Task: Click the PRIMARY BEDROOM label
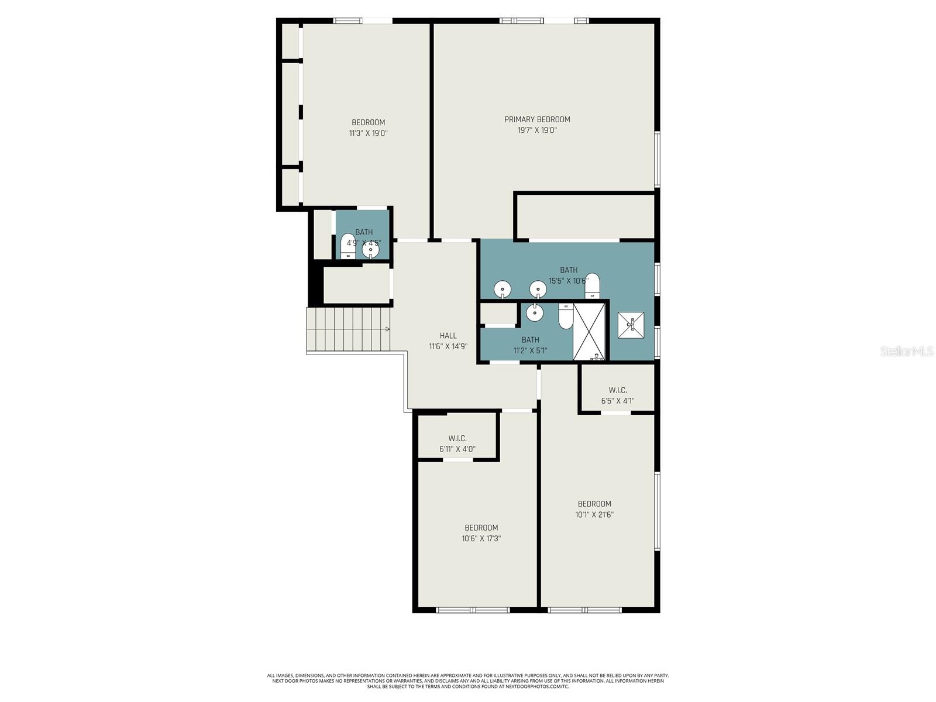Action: [537, 119]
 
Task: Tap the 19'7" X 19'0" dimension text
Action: [537, 130]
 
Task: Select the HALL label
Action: [448, 336]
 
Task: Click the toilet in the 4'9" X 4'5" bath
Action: [348, 246]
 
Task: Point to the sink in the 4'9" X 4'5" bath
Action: [370, 250]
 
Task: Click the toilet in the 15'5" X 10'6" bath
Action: [592, 284]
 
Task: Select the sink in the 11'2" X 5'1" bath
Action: [535, 313]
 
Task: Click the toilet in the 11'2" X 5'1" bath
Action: [566, 316]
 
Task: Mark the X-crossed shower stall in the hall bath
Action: [590, 331]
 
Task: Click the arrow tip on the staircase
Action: [388, 329]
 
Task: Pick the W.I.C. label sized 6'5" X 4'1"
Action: [618, 390]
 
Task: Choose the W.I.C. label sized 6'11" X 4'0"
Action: [457, 438]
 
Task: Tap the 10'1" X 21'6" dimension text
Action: [594, 515]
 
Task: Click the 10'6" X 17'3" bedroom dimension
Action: [481, 538]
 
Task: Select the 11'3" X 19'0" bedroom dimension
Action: [369, 133]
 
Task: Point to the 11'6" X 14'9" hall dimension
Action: [448, 346]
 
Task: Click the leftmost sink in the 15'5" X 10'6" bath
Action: [503, 289]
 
